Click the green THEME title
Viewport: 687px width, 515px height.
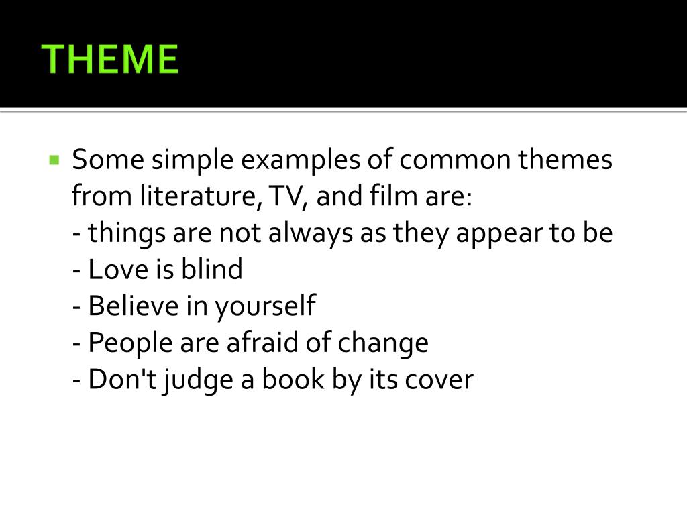110,59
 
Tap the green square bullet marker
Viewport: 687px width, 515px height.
54,160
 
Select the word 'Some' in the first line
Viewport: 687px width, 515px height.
108,160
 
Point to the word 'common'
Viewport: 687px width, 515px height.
455,160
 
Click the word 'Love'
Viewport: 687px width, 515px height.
118,270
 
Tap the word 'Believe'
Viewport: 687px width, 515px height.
134,306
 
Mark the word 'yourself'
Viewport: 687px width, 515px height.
265,306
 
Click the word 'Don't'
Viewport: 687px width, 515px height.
122,380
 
